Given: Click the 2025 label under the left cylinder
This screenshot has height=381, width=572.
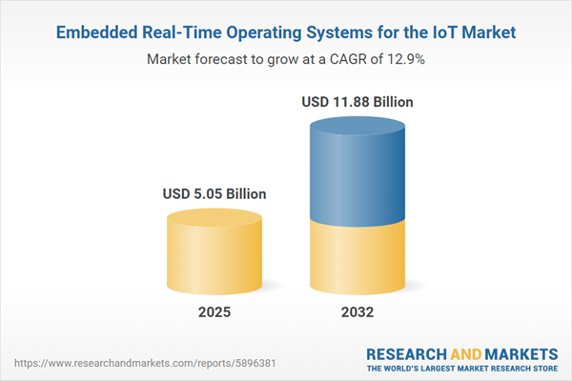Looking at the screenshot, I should pos(214,312).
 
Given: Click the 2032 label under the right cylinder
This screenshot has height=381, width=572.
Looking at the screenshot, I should pos(358,312).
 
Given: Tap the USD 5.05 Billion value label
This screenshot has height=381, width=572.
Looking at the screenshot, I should pos(214,194).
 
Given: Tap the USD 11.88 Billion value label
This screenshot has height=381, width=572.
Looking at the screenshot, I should pos(358,100).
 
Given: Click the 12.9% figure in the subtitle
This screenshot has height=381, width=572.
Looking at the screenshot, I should pos(404,59).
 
